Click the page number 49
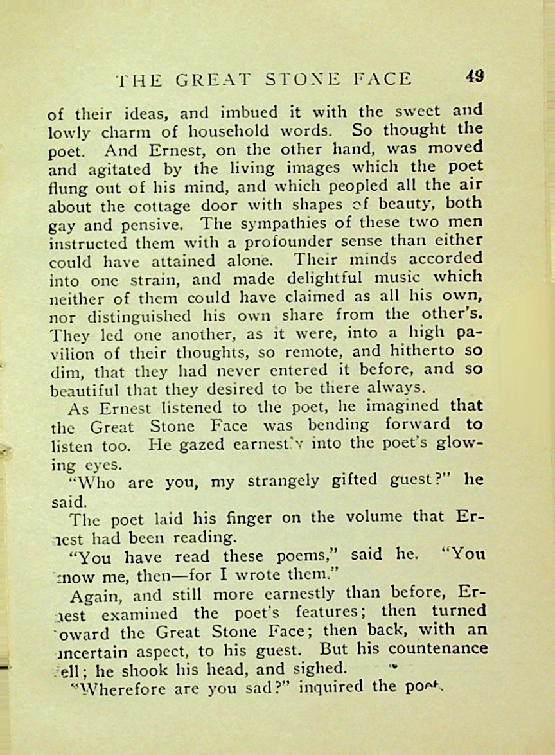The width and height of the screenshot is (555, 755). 475,76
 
